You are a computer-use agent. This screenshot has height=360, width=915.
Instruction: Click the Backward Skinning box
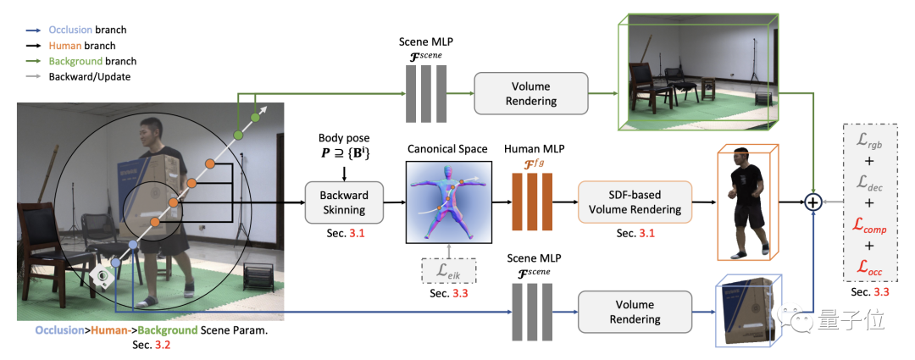(x=344, y=202)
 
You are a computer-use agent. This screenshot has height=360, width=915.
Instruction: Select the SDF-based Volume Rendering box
(x=635, y=202)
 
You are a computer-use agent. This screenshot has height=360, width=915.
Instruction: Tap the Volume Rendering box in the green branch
(x=531, y=93)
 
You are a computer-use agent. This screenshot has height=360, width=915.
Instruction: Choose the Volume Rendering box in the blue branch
(x=635, y=312)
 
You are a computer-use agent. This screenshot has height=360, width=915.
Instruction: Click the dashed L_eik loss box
(x=449, y=270)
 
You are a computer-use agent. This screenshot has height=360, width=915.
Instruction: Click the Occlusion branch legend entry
(x=77, y=30)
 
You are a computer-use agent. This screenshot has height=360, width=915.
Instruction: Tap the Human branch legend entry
(x=71, y=46)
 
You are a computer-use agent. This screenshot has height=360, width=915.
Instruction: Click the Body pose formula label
(x=344, y=148)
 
